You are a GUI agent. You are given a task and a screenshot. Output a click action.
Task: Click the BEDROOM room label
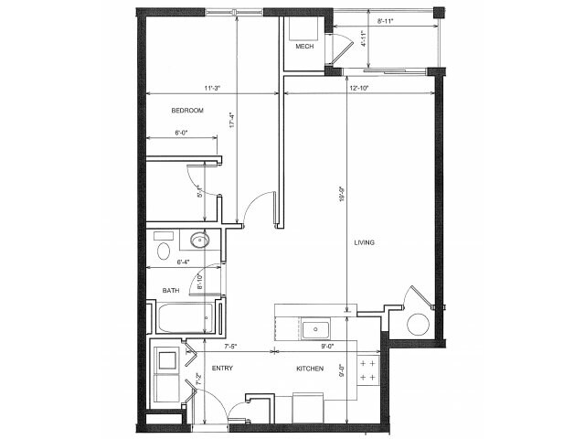186,111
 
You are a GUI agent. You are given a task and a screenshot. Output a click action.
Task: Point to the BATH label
171,291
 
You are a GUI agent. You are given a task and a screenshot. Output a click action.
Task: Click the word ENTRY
222,369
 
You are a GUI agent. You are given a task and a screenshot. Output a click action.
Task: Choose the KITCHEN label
309,369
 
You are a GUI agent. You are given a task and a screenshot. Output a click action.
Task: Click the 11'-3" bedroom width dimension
213,88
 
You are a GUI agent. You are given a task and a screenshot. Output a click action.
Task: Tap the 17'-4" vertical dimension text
232,121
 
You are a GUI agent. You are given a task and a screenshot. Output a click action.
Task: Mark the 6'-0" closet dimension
182,134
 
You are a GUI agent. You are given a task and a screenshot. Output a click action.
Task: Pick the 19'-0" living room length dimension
340,197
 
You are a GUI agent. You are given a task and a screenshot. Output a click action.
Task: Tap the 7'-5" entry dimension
229,347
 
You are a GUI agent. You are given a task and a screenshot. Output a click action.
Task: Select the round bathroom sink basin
199,241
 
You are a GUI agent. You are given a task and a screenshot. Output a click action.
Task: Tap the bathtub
187,319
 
